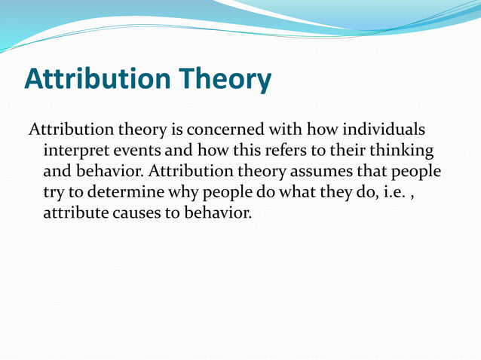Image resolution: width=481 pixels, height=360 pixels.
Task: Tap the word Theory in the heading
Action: pyautogui.click(x=227, y=79)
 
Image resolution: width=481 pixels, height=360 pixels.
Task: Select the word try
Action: pyautogui.click(x=55, y=192)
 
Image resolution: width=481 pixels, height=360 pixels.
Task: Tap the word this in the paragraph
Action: pyautogui.click(x=240, y=150)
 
